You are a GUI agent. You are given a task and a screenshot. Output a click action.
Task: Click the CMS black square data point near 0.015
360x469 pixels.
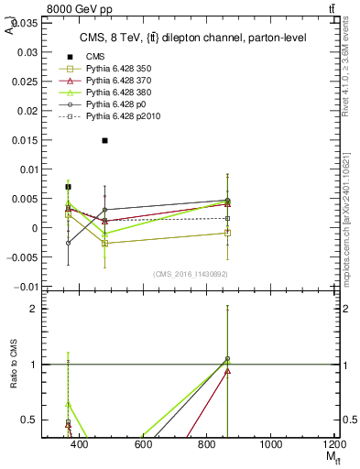[105, 140]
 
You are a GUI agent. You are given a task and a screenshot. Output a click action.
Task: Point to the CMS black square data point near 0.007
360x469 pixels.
[69, 187]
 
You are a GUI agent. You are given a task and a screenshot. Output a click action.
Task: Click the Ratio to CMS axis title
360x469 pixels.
[13, 364]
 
